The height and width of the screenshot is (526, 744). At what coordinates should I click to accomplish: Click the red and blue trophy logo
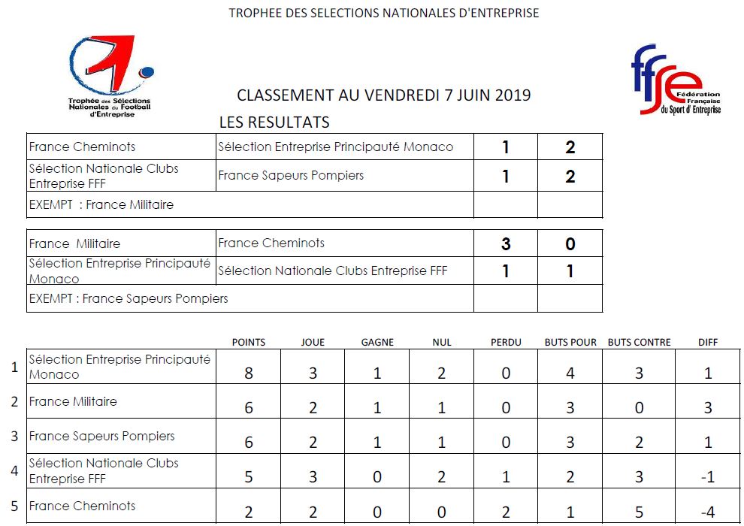pos(110,76)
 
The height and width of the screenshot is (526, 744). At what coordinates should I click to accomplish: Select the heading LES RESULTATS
pos(274,122)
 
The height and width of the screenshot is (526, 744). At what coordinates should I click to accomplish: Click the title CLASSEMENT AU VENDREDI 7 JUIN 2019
pos(384,95)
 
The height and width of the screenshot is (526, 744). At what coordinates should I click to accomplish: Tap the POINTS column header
pos(249,342)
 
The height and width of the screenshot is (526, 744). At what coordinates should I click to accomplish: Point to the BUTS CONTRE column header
pos(639,342)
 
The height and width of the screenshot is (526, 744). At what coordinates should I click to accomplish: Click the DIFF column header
pos(708,342)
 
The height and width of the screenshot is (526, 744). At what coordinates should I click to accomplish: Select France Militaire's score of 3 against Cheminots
pos(506,243)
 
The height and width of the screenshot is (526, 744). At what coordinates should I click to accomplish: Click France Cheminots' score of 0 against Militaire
pos(570,243)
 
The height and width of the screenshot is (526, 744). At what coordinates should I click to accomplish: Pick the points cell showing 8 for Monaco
pos(249,373)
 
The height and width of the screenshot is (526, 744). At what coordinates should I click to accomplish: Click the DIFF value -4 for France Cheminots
pos(708,512)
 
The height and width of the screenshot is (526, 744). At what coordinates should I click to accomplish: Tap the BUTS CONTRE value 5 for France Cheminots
pos(639,512)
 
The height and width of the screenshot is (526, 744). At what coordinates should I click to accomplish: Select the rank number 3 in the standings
pos(14,436)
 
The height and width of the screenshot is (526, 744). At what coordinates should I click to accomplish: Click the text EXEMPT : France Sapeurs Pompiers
pos(129,298)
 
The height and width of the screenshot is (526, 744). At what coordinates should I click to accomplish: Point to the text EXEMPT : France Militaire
pos(101,204)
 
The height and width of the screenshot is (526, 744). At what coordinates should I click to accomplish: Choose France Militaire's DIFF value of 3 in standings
pos(708,407)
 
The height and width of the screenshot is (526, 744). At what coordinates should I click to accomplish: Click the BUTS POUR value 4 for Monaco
pos(570,373)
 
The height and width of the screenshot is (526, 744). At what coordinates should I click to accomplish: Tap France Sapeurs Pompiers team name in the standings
pos(102,436)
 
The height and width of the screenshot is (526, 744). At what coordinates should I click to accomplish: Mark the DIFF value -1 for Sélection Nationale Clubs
pos(708,477)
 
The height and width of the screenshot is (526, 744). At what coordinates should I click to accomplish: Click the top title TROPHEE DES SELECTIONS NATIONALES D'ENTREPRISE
pos(384,13)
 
